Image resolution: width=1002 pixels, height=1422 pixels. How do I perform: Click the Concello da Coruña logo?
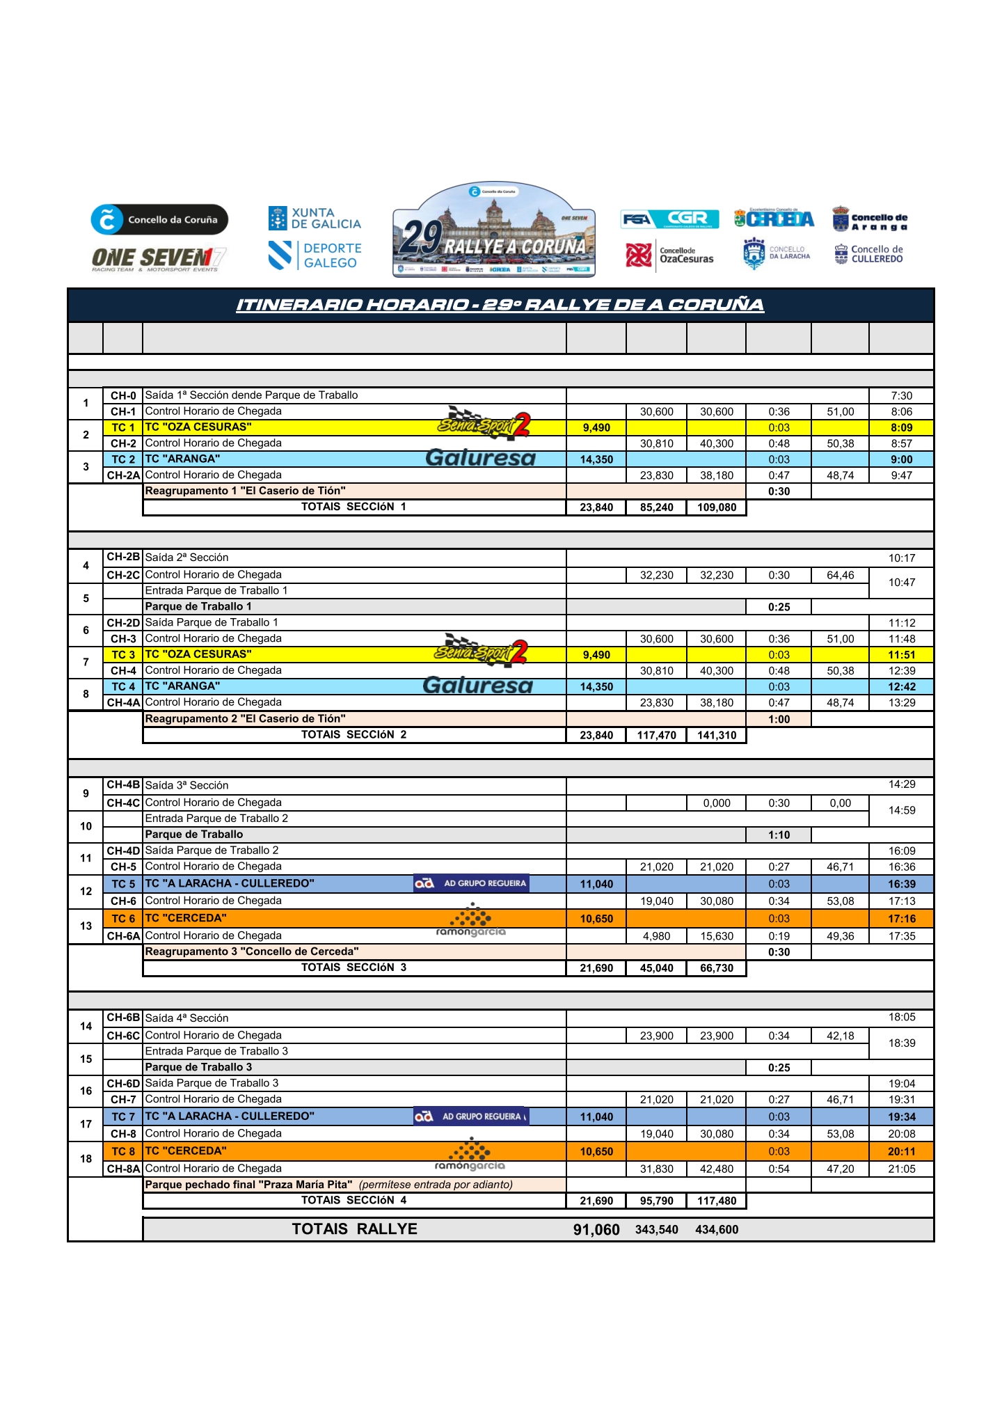tap(159, 220)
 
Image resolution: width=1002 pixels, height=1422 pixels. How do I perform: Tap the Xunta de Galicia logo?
tap(315, 219)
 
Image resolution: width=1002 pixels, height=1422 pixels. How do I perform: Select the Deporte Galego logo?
tap(315, 255)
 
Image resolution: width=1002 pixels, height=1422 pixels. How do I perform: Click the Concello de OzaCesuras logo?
tap(669, 255)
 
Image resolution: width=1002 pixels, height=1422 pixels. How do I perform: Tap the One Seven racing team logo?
tap(159, 260)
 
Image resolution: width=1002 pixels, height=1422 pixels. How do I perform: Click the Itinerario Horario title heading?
tap(500, 305)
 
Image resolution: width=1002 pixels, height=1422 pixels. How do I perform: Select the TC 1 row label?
tap(123, 427)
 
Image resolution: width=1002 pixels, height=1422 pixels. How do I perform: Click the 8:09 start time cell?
tap(901, 427)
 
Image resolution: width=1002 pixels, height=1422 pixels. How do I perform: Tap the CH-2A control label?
tap(123, 475)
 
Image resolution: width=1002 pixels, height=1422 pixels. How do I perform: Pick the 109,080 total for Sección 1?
tap(717, 507)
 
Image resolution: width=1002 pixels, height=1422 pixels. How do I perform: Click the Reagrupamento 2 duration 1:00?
tap(779, 720)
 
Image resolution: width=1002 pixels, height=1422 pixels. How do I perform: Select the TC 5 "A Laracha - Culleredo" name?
tap(230, 884)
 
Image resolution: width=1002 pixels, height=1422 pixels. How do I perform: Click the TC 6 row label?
tap(123, 919)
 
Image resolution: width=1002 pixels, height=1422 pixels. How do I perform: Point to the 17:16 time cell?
tap(901, 919)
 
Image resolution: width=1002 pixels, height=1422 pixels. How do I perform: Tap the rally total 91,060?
tap(596, 1230)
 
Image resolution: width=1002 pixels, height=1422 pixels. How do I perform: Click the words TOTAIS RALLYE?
tap(354, 1229)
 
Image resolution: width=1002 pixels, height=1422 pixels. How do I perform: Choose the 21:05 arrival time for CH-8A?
tap(901, 1169)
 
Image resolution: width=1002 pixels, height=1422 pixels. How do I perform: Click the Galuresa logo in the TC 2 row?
tap(480, 458)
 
